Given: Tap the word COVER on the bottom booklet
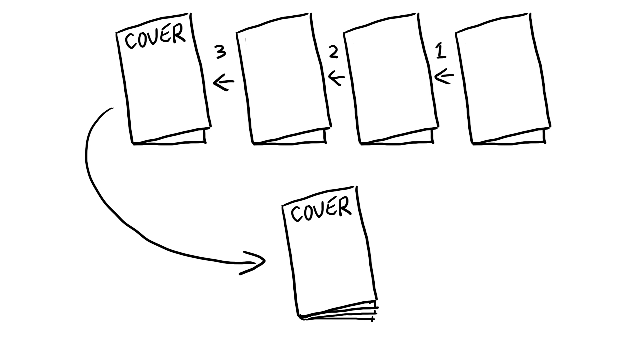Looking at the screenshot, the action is (x=321, y=209).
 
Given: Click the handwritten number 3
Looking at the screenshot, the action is (x=220, y=52).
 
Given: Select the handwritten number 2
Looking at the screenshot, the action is (x=333, y=52).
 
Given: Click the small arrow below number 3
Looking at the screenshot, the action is (x=224, y=82).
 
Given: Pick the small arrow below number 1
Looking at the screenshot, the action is (x=444, y=76).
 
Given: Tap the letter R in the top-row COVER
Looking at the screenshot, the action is (x=179, y=34).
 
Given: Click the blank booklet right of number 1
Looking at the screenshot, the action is (x=503, y=78).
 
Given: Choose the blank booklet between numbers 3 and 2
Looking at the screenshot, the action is (x=284, y=78).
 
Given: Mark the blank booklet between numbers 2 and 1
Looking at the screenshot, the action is (x=391, y=78).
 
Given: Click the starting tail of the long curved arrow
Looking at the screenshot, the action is (x=113, y=108).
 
